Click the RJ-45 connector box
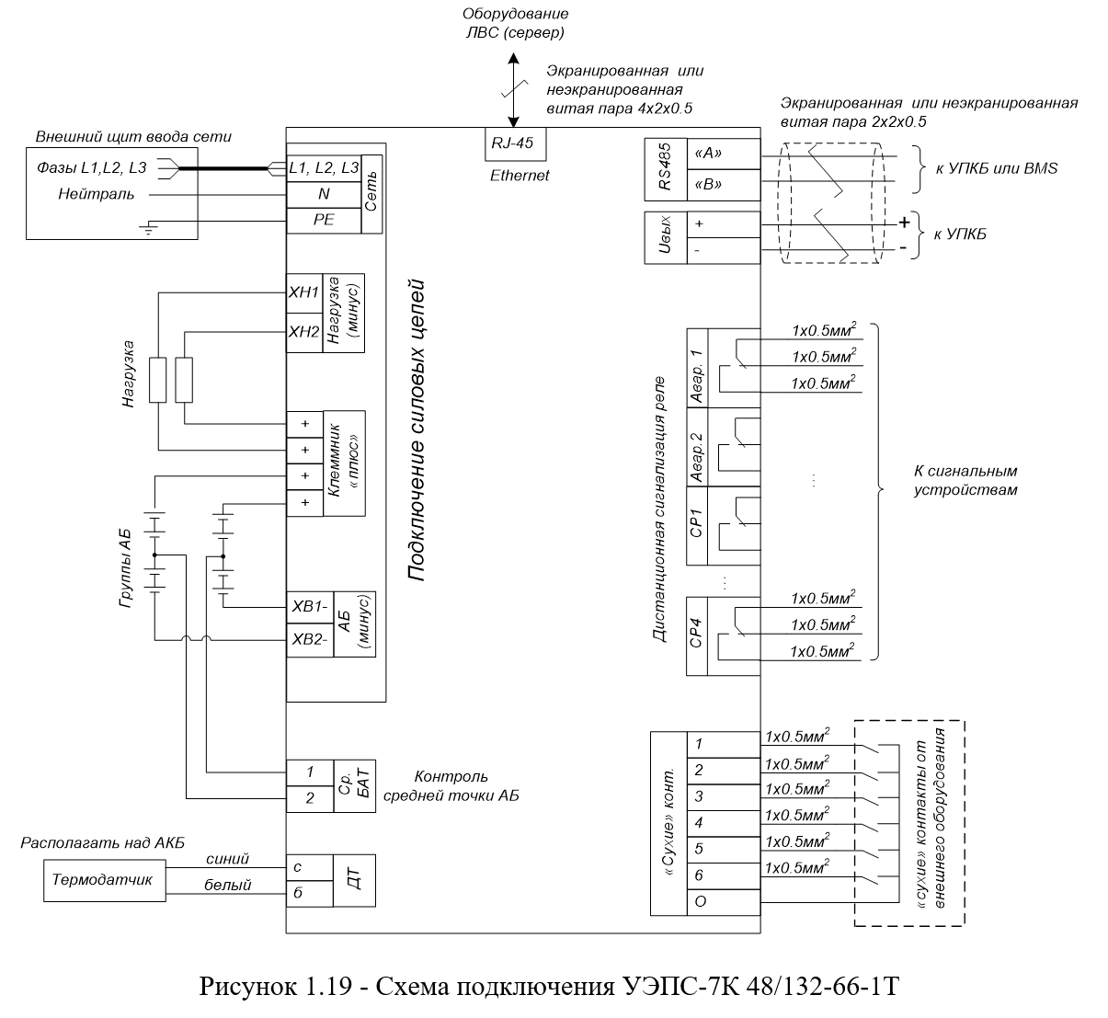pos(515,144)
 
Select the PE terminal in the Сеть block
pos(324,221)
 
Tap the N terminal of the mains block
pos(324,194)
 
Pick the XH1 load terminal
pos(303,293)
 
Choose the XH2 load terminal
pos(303,333)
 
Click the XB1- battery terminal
pos(309,607)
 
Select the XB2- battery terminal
pos(309,641)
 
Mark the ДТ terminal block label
pos(354,881)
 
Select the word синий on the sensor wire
pos(227,859)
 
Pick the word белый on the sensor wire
pos(227,886)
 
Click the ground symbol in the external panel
pos(149,229)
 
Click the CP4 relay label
pos(696,634)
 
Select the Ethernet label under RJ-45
pos(520,176)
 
